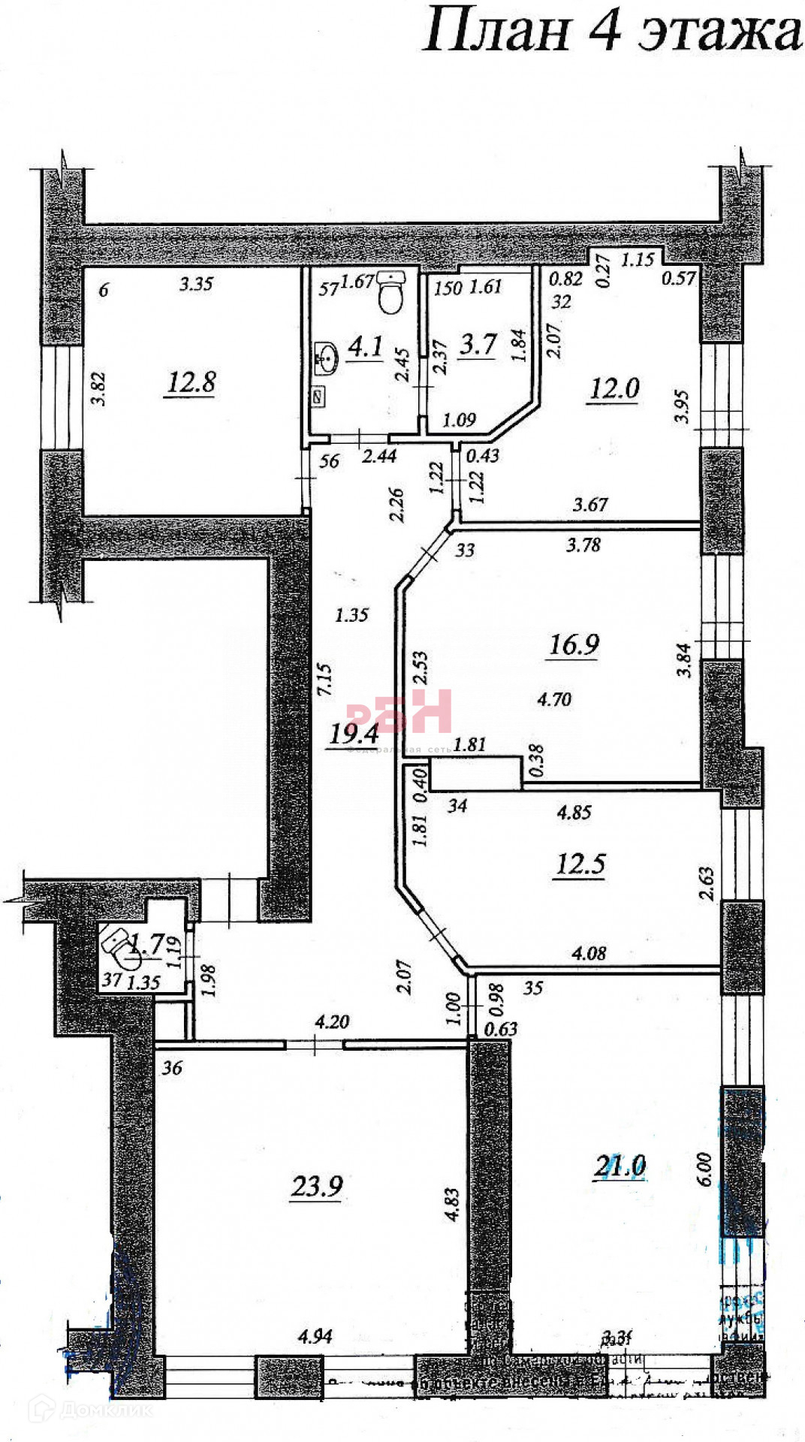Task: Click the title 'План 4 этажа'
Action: [x=612, y=32]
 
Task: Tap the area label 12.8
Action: [x=191, y=382]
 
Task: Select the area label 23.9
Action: [x=317, y=1186]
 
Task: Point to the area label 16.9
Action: [x=574, y=644]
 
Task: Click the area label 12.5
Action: [x=580, y=864]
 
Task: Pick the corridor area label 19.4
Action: [x=354, y=733]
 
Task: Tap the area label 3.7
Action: [x=478, y=344]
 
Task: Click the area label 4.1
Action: [x=366, y=346]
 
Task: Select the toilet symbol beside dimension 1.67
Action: [x=390, y=292]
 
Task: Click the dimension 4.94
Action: [x=315, y=1336]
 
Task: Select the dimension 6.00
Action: [x=704, y=1168]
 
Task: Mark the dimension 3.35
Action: [x=196, y=284]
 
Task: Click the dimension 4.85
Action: [x=574, y=812]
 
